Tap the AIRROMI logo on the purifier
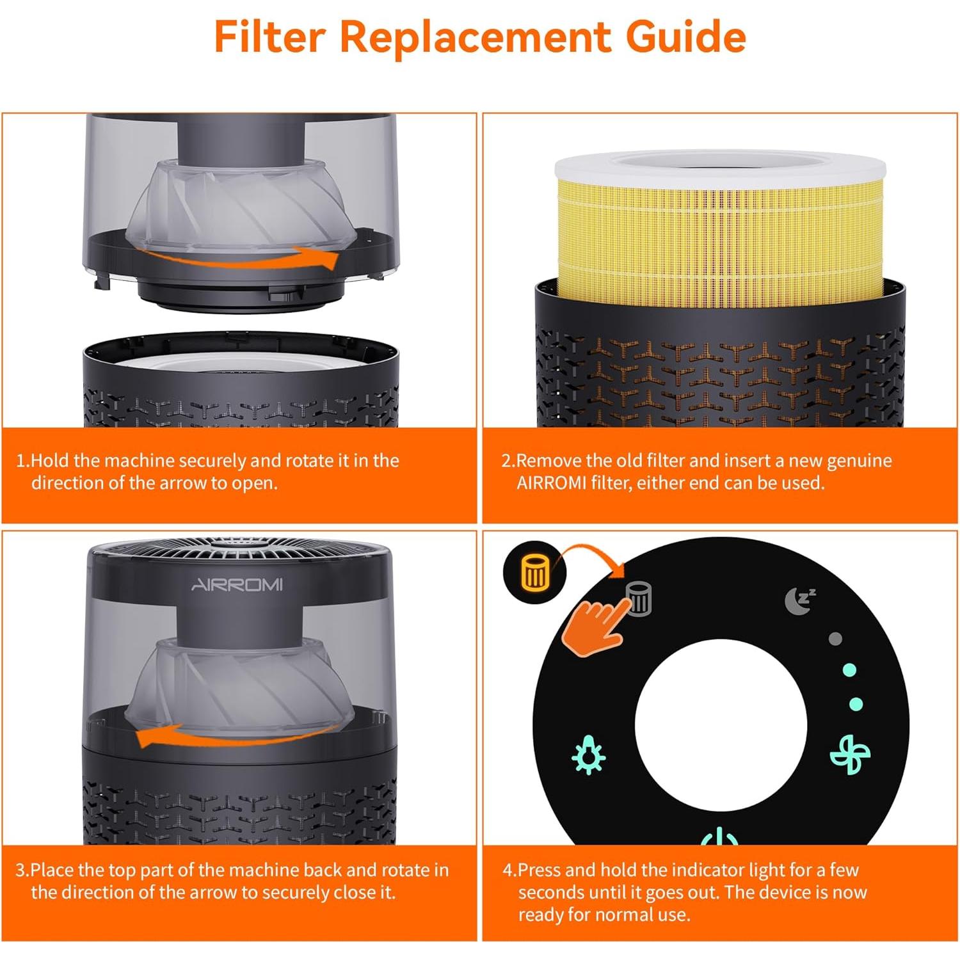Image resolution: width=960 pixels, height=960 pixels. coord(237,585)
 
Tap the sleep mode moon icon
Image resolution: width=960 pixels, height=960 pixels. coord(799,600)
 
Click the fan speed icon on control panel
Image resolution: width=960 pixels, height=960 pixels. coord(850,755)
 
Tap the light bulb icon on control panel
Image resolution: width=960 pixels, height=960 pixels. coord(588,755)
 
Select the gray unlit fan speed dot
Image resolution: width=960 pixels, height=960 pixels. coord(835,639)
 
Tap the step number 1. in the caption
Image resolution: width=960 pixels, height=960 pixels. coord(23,461)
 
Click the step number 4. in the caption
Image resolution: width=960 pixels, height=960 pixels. coord(509,870)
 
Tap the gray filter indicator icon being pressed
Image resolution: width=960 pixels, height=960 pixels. coord(639,598)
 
